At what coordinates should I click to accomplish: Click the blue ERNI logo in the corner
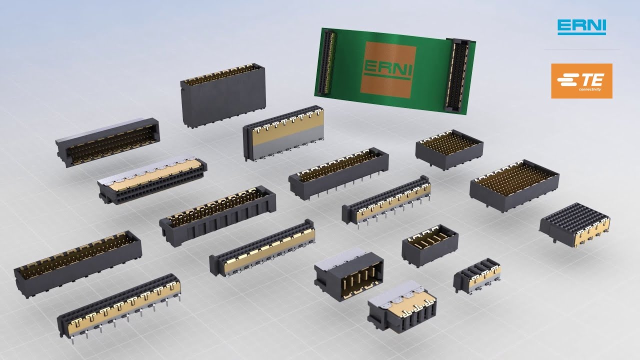[581, 27]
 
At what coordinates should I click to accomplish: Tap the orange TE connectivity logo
[581, 81]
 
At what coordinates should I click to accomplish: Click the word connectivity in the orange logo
[589, 90]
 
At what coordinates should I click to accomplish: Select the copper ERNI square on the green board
[388, 69]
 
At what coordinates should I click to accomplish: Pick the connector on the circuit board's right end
[457, 74]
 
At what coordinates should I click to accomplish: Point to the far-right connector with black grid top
[575, 224]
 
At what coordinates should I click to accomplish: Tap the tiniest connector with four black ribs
[477, 276]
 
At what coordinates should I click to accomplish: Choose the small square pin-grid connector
[449, 149]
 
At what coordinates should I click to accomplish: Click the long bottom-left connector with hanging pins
[119, 305]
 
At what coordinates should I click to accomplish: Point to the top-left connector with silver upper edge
[107, 142]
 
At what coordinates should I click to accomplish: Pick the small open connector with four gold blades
[430, 245]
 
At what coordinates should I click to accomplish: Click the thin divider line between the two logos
[581, 49]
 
